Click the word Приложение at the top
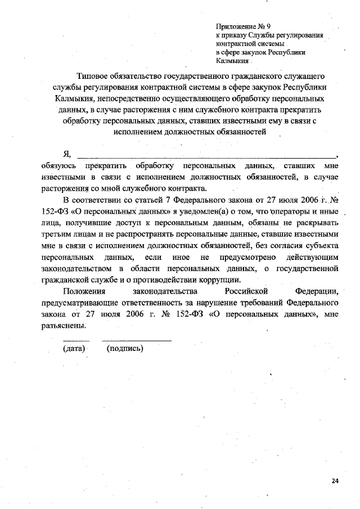pyautogui.click(x=234, y=26)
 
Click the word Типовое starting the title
pyautogui.click(x=96, y=75)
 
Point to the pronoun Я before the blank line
pyautogui.click(x=67, y=154)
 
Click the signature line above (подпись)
pyautogui.click(x=136, y=340)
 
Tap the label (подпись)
pyautogui.click(x=125, y=348)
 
